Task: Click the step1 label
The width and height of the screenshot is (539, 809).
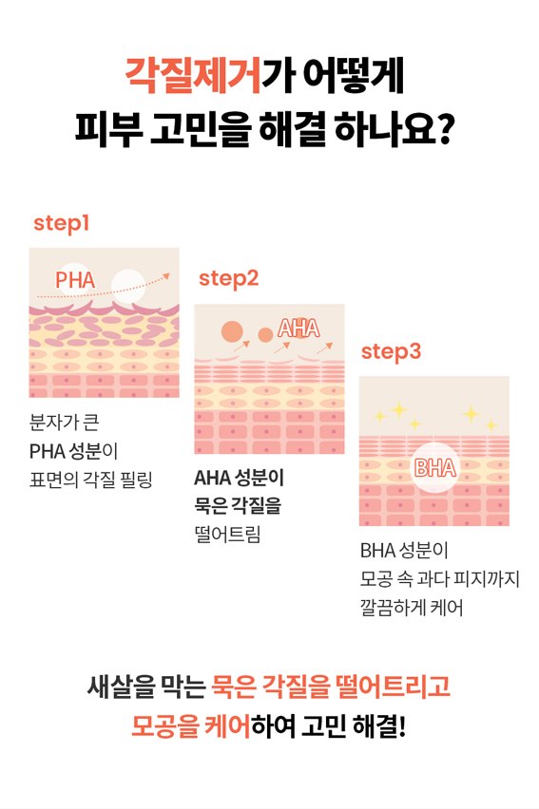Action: pos(62,223)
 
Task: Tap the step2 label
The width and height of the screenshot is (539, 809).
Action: pos(228,279)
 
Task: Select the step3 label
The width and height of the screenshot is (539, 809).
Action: pos(392,352)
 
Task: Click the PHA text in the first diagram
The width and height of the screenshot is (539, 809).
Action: pos(75,280)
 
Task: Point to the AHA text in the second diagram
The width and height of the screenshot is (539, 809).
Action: pos(298,329)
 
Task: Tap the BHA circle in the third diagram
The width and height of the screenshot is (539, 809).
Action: pos(435,468)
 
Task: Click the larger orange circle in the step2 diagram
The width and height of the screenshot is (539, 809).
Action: pos(232,331)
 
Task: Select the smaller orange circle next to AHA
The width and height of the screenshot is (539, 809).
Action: pos(265,335)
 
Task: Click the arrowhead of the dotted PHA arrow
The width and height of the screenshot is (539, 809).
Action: pos(166,276)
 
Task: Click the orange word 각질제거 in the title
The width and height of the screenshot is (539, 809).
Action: pos(193,76)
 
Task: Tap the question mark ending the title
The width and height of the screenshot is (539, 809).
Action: pos(444,128)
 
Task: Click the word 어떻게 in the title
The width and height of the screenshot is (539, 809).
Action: pos(353,76)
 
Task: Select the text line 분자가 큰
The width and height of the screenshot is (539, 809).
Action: pos(64,422)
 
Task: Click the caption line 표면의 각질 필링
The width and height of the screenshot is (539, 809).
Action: pos(91,480)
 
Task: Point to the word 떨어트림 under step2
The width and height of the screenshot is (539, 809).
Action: pos(227,534)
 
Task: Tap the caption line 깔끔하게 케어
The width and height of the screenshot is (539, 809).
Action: pos(412,608)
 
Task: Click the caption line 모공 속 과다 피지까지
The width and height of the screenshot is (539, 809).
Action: pos(440,578)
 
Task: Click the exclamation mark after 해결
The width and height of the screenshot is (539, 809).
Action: pos(402,726)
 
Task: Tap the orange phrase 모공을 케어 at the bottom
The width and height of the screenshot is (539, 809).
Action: pos(191,726)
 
